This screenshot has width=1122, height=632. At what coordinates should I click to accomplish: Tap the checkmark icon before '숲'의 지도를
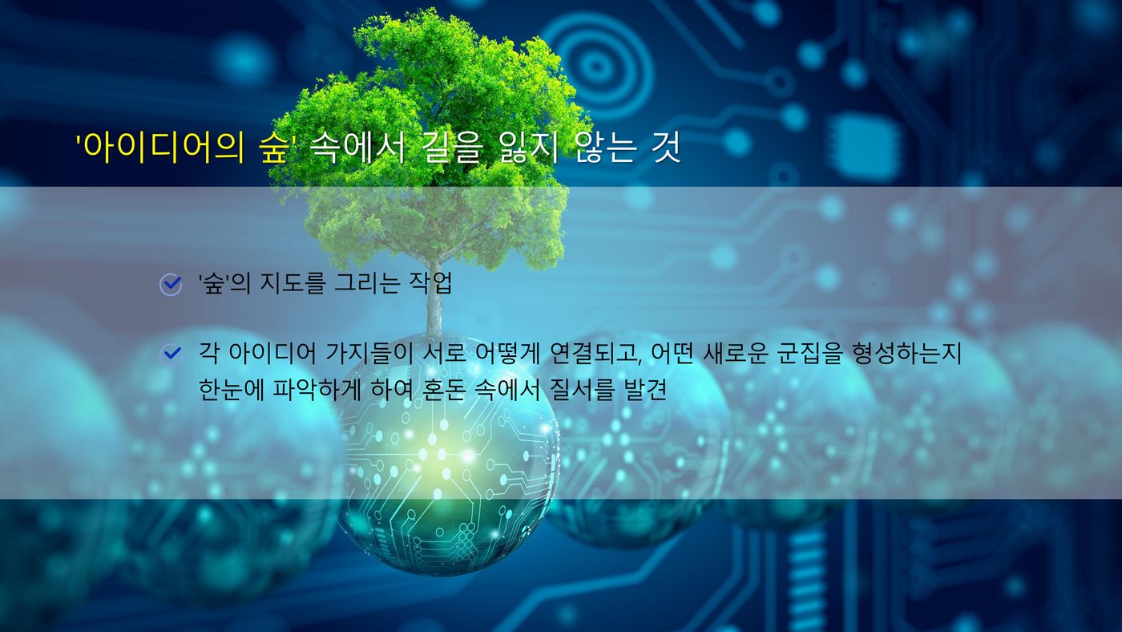coord(171,285)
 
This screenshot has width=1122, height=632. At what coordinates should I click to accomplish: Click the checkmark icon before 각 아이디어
coord(171,354)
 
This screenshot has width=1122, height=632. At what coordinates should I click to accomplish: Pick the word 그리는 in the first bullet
coord(367,283)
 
